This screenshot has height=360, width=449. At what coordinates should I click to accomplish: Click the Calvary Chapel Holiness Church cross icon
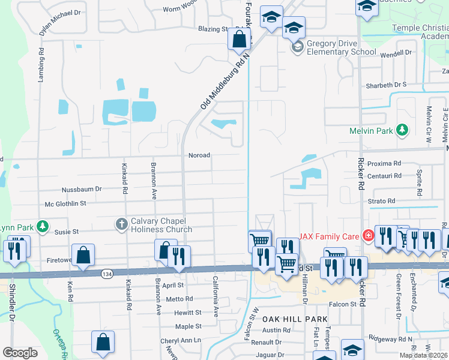pos(121,224)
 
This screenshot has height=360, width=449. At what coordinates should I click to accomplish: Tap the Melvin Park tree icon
pos(403,130)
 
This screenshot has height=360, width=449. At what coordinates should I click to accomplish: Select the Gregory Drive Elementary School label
pos(341,47)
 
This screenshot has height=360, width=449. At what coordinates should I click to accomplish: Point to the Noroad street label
pos(200,155)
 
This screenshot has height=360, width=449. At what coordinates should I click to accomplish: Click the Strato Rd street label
pos(382,201)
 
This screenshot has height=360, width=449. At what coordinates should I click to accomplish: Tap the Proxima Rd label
pos(384,163)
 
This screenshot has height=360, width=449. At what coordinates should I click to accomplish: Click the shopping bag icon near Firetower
pos(83,254)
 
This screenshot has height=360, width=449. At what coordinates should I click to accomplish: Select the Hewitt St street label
pos(188,313)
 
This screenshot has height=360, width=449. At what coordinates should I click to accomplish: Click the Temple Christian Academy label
pos(420,32)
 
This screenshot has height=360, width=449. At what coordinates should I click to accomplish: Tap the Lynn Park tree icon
pos(42,226)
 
